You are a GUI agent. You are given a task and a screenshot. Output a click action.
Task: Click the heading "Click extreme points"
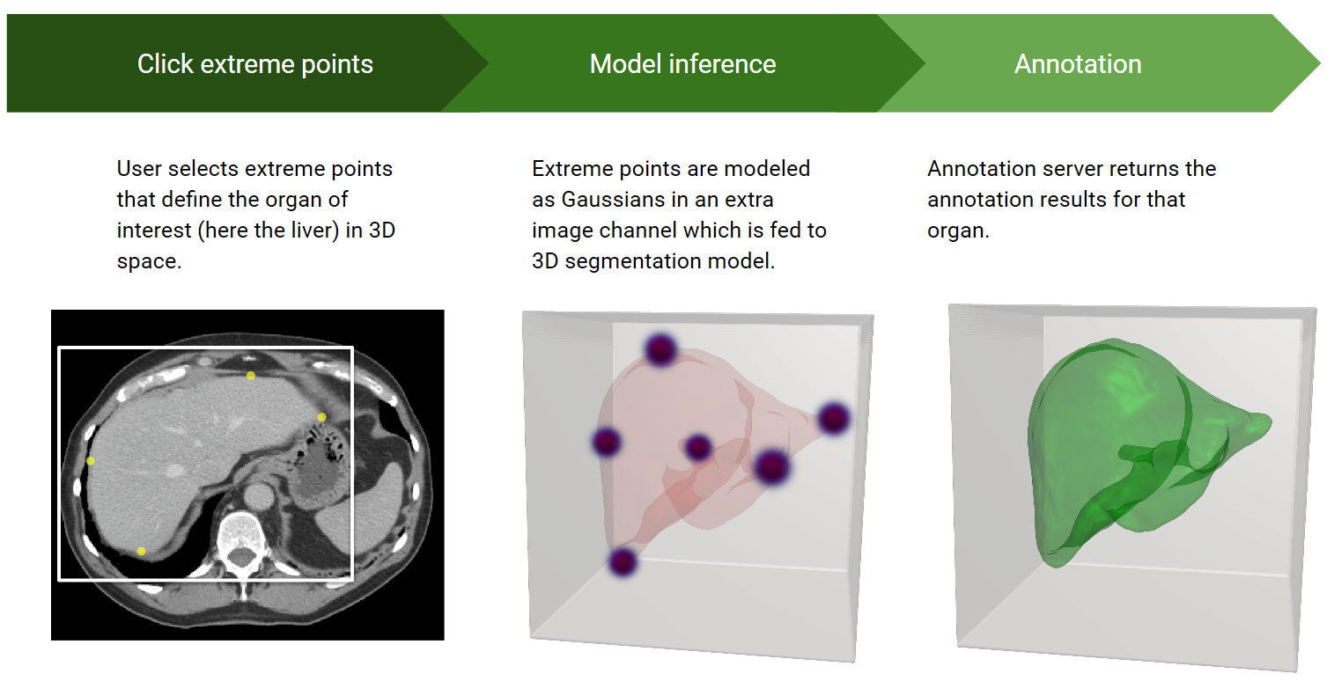pyautogui.click(x=254, y=64)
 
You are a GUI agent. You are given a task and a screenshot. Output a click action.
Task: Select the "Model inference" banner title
pyautogui.click(x=682, y=63)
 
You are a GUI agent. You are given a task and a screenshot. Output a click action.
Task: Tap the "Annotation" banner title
pyautogui.click(x=1078, y=63)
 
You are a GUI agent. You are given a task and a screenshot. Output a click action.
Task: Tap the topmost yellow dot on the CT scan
pyautogui.click(x=251, y=376)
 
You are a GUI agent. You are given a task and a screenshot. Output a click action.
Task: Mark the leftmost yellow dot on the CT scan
pyautogui.click(x=91, y=461)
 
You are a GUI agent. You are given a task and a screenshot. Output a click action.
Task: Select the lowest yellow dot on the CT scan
pyautogui.click(x=141, y=552)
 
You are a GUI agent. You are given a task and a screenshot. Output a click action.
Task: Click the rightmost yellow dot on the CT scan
pyautogui.click(x=321, y=417)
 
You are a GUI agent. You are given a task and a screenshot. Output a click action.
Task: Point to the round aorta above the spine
pyautogui.click(x=258, y=495)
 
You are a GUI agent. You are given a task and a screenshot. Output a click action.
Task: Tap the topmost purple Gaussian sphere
pyautogui.click(x=660, y=349)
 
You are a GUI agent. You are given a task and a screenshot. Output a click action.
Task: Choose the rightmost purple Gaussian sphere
pyautogui.click(x=834, y=418)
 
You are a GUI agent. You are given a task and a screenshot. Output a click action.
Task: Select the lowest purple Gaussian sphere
pyautogui.click(x=623, y=562)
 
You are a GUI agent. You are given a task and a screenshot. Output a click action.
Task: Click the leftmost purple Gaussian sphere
pyautogui.click(x=607, y=443)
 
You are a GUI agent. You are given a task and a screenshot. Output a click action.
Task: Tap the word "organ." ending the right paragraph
pyautogui.click(x=958, y=231)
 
